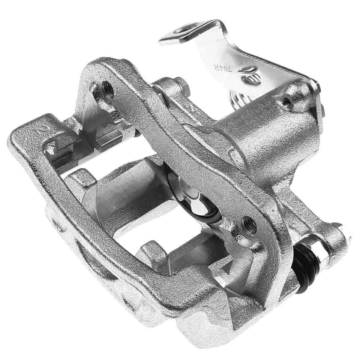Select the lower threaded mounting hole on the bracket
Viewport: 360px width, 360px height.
pyautogui.click(x=249, y=225)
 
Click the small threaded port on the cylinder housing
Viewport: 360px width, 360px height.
pyautogui.click(x=287, y=101)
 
